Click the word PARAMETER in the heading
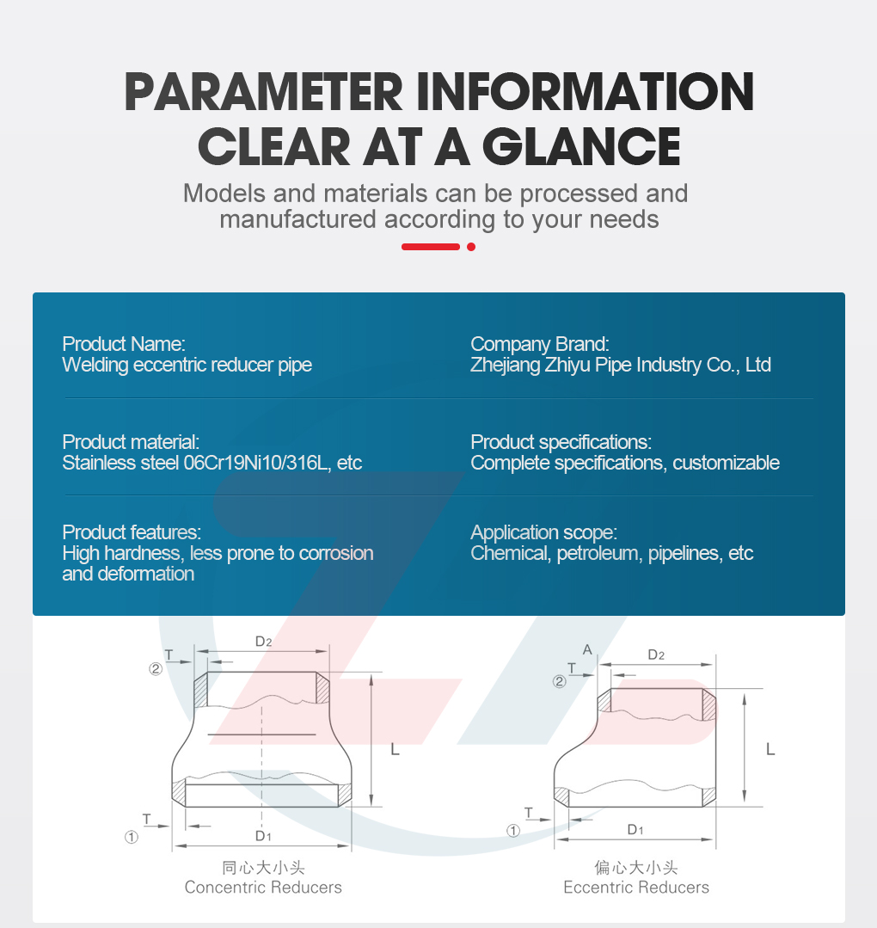pos(264,92)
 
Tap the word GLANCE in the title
pos(582,147)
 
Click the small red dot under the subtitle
pos(471,247)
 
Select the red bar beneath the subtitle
pos(431,247)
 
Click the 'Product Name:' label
pos(124,344)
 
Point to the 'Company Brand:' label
pos(540,344)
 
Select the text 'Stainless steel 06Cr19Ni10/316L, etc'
pos(212,463)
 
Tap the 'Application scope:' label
pos(544,532)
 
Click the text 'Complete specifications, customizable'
pos(625,463)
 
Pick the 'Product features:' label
pos(132,532)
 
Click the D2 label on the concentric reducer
pos(263,642)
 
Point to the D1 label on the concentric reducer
pos(263,836)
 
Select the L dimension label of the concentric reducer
pos(396,750)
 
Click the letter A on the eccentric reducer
pos(587,650)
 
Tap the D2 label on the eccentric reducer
pos(656,655)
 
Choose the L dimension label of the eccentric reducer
pos(770,750)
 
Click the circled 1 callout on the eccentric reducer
pos(513,831)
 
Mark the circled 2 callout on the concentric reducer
pos(156,669)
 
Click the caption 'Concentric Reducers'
pos(263,888)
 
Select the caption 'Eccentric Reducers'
pos(636,888)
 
